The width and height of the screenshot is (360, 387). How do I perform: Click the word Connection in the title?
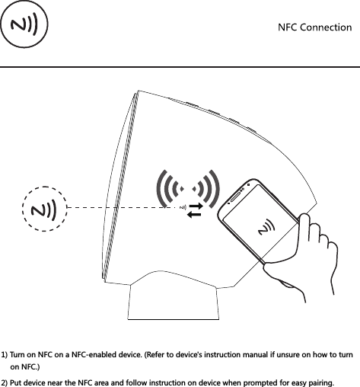click(327, 28)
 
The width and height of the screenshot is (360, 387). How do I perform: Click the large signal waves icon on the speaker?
click(187, 187)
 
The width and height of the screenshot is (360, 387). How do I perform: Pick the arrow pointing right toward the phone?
click(196, 205)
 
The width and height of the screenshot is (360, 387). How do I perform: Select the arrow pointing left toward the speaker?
click(196, 213)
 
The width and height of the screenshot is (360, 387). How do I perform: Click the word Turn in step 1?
click(20, 356)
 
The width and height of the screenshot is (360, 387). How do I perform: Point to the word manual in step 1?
click(253, 356)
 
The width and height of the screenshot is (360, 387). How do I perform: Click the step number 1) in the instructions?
click(5, 356)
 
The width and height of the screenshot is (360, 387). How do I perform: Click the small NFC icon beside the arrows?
click(183, 207)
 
